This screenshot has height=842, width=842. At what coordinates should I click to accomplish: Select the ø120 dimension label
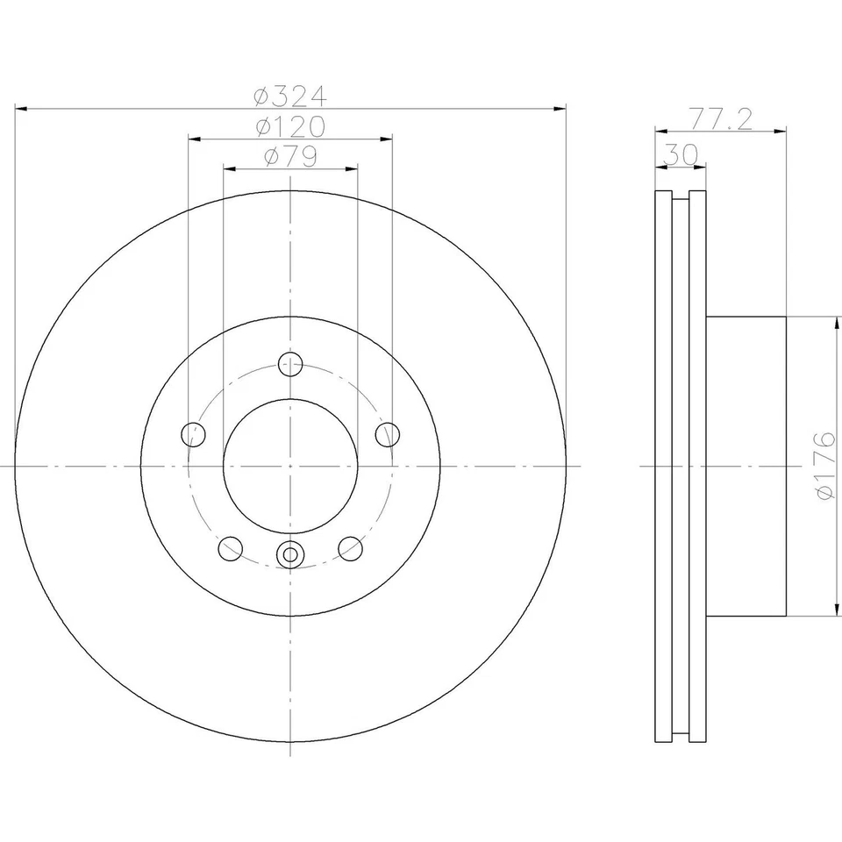[x=290, y=127]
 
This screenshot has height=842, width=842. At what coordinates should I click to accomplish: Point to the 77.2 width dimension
[x=720, y=118]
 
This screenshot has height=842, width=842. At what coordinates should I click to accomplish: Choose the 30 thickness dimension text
[x=681, y=153]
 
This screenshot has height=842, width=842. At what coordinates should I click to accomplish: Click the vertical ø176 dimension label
[x=825, y=467]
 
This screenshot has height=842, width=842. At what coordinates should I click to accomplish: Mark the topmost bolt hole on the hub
[x=290, y=363]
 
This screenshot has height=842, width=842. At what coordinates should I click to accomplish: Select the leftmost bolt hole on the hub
[x=193, y=433]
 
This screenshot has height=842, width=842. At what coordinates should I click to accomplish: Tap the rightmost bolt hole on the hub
[x=388, y=433]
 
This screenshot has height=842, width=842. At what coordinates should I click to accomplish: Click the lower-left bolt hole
[x=230, y=549]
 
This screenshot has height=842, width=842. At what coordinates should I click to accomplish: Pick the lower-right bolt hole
[x=351, y=549]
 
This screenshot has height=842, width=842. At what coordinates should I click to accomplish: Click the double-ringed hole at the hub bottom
[x=290, y=554]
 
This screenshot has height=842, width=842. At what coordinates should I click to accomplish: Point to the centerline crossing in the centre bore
[x=290, y=467]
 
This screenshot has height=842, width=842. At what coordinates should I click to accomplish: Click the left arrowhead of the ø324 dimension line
[x=21, y=109]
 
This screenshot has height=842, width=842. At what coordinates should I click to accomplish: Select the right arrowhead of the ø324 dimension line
[x=561, y=109]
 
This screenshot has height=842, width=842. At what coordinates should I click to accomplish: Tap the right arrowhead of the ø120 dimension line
[x=387, y=138]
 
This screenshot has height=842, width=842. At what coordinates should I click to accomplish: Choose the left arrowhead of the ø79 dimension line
[x=228, y=167]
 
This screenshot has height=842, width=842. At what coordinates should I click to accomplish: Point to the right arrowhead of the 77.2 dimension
[x=781, y=132]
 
